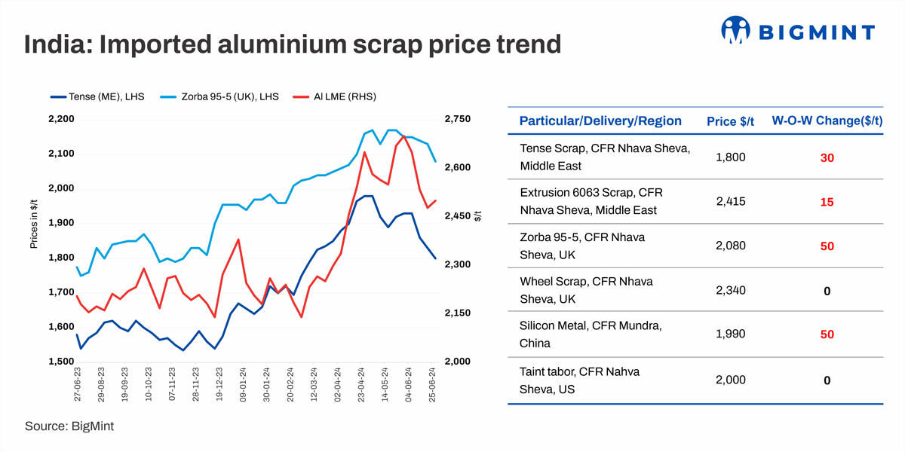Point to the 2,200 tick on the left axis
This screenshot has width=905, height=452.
pos(60,119)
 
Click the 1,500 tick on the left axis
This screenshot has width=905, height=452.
pos(60,362)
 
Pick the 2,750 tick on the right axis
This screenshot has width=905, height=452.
pos(458,119)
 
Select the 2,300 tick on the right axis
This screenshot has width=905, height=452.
pos(458,264)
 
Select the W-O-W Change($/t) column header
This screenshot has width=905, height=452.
pos(827,121)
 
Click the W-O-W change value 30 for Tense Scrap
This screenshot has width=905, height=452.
pos(827,157)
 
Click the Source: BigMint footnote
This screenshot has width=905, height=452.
pos(69,426)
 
